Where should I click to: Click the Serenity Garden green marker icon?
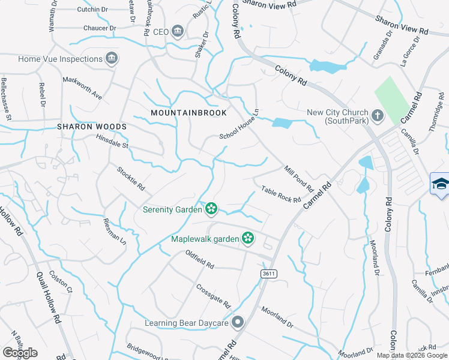pos(211,209)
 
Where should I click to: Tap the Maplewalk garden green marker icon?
pos(247,239)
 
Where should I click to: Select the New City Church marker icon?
pos(377,115)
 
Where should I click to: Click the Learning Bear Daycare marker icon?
pos(238,323)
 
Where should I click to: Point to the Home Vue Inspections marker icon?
pos(110,58)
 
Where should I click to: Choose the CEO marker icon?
pos(178,31)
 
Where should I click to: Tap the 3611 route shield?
pos(269,274)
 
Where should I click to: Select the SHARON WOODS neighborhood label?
pos(92,127)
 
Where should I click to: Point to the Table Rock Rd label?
pos(280,194)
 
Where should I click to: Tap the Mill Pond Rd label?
pos(300,179)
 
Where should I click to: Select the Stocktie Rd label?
pos(130,178)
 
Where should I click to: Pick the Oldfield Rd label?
pos(199,259)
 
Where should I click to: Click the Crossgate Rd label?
pos(213,296)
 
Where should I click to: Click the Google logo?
pos(20,353)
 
